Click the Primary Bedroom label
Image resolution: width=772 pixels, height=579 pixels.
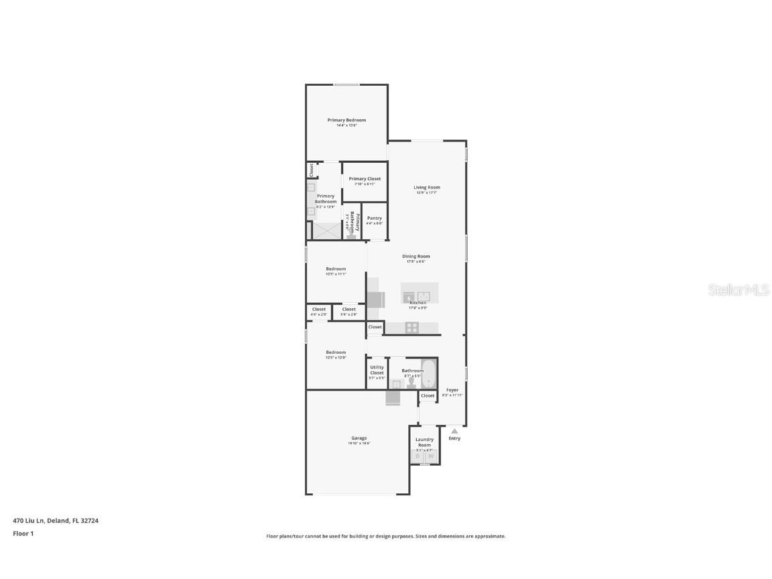346,120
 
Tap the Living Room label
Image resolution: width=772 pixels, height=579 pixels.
426,188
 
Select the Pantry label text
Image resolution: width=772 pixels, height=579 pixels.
374,218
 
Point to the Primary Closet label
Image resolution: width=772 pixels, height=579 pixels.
365,179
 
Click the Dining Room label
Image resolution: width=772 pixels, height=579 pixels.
415,256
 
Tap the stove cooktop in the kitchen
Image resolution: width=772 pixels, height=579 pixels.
411,328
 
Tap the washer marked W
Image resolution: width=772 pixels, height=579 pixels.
431,456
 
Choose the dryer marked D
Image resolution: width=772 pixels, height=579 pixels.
417,456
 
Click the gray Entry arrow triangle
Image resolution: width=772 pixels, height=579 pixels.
454,431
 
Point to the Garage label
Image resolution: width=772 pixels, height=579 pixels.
359,438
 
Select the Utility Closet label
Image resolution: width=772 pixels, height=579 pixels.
377,369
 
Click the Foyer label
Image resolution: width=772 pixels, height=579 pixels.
452,390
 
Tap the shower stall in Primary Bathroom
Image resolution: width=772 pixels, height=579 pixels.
327,231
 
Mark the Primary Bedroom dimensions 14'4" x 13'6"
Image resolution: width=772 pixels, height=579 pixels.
346,125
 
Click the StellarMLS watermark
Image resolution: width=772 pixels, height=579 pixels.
738,289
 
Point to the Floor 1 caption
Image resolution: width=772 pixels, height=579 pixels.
23,533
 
